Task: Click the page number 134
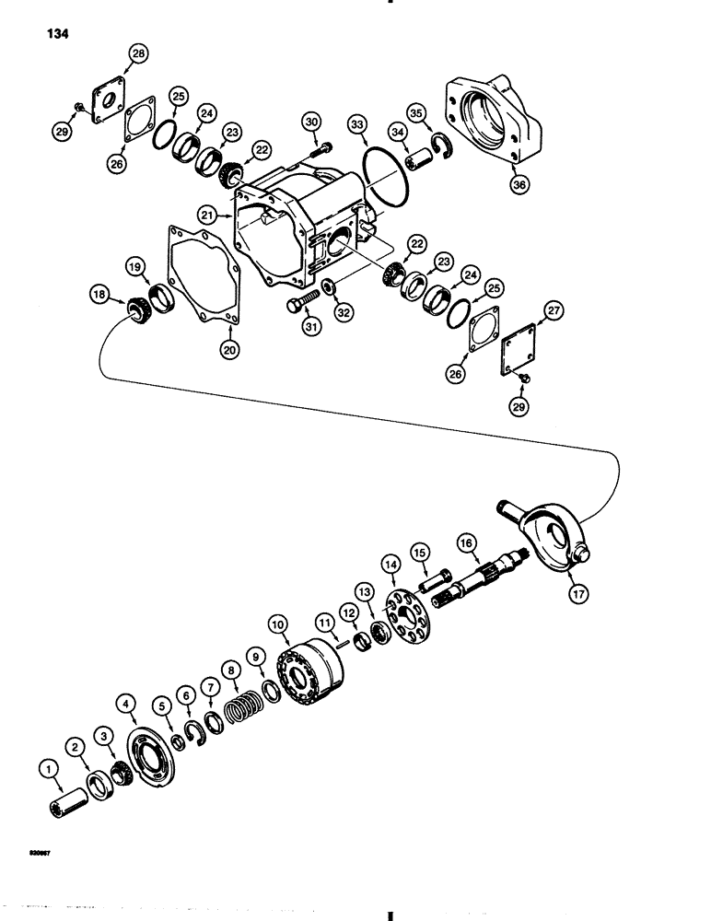pos(53,34)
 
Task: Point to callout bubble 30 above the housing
pos(310,122)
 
